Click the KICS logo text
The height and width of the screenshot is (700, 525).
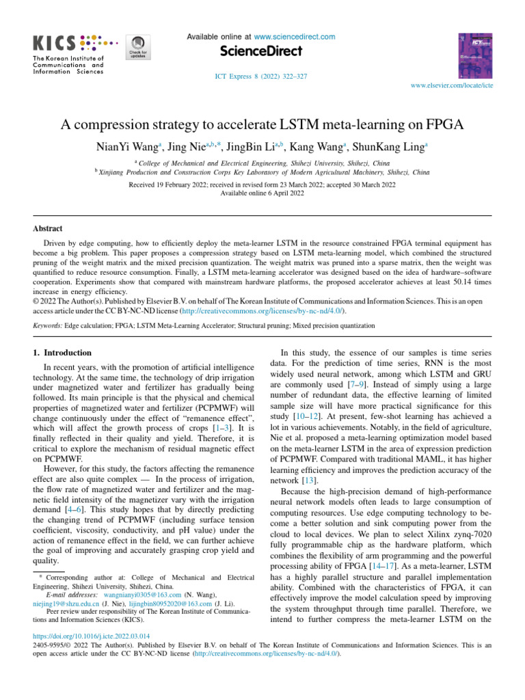[55, 42]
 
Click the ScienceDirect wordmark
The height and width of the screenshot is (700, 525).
[262, 52]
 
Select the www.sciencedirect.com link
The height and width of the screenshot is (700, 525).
[294, 36]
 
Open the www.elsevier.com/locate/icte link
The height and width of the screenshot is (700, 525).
[451, 87]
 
